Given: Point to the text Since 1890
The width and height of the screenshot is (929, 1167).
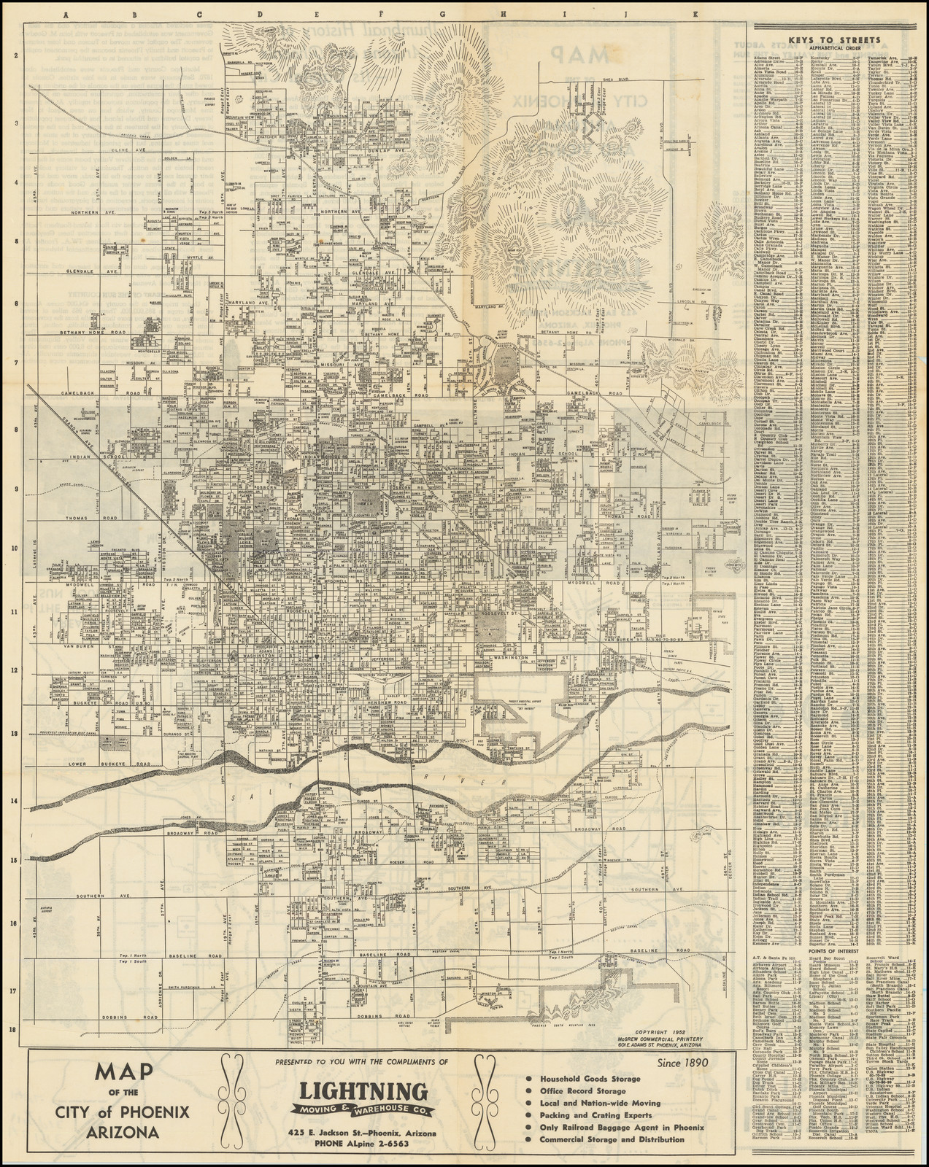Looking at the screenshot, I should pyautogui.click(x=682, y=1061).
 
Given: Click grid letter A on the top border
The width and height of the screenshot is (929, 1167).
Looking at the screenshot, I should pyautogui.click(x=66, y=14).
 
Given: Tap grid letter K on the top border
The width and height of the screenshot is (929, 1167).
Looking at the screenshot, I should pyautogui.click(x=695, y=14).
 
